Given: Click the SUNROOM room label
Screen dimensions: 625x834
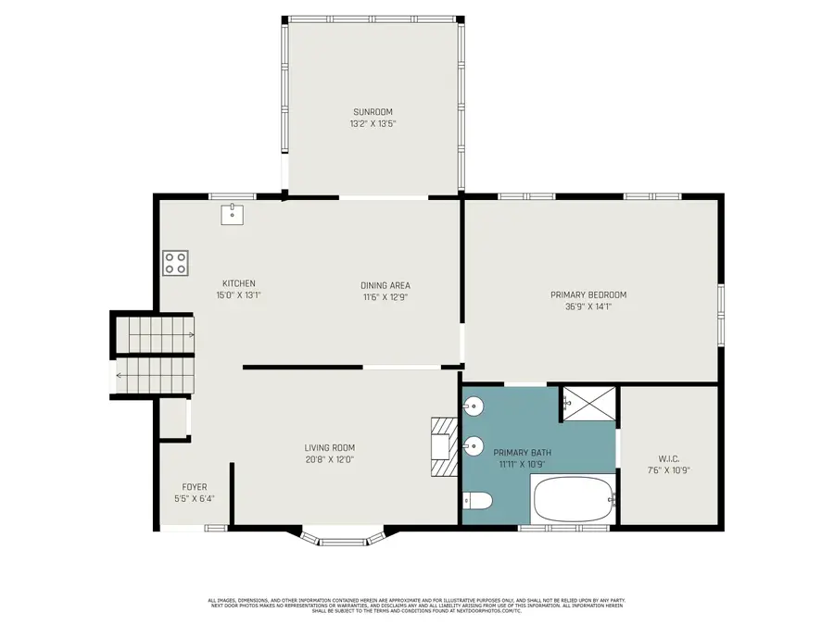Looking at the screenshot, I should [373, 112].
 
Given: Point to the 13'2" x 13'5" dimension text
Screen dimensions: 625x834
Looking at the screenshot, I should [373, 124].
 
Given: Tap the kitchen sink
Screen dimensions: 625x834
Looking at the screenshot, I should [232, 214].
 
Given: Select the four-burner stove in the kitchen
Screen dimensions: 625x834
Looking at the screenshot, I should [175, 263].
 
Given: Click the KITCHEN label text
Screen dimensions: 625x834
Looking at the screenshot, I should [238, 283].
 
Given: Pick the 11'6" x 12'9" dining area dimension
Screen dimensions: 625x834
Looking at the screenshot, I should [385, 297].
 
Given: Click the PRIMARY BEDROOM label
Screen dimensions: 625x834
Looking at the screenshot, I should [588, 294].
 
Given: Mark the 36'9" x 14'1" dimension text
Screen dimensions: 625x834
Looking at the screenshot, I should [588, 306].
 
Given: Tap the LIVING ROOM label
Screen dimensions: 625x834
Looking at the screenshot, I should [330, 447].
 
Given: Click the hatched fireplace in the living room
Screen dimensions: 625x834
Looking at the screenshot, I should [444, 446].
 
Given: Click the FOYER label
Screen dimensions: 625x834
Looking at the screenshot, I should [194, 486].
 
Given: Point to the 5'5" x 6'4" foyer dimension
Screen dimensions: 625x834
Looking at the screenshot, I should [194, 498].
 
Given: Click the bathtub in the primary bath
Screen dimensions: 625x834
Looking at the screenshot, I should [574, 499].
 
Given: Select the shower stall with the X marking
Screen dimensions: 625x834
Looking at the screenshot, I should [589, 402].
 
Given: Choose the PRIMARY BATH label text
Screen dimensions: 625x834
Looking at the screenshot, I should [525, 452].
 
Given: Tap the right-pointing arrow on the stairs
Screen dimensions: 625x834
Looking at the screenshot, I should [189, 334].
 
